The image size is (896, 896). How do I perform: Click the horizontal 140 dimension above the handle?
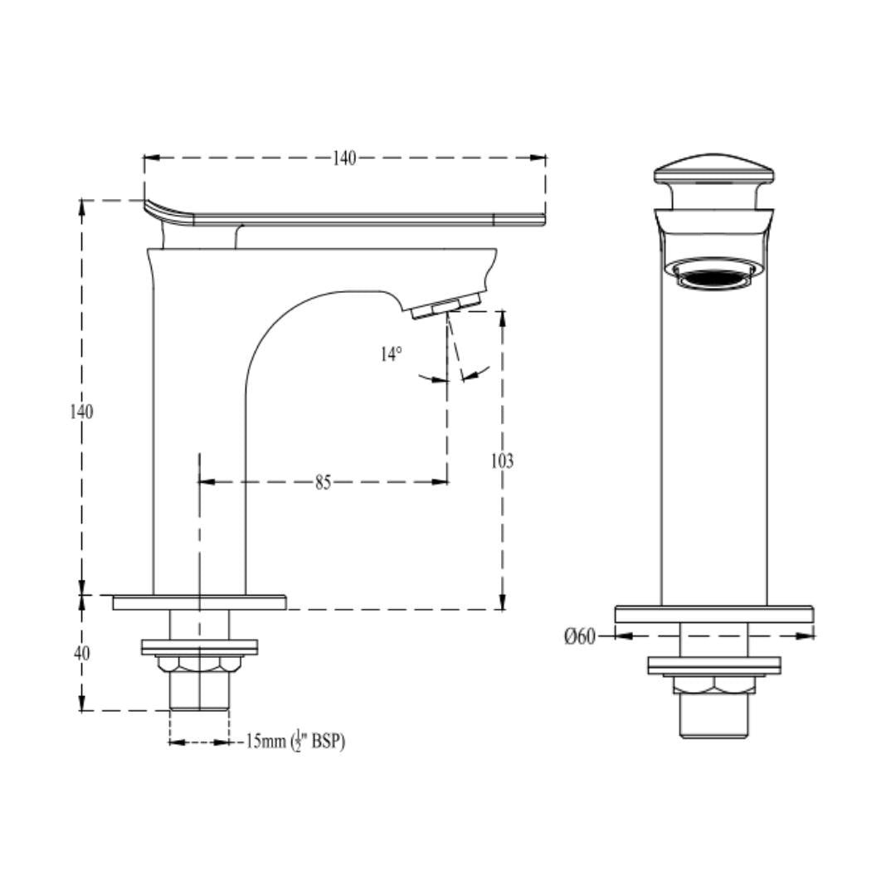[x=344, y=158]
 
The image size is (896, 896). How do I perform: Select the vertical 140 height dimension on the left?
[x=81, y=411]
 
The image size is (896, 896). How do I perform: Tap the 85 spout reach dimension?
[x=323, y=482]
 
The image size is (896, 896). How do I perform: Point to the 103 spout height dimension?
[x=502, y=461]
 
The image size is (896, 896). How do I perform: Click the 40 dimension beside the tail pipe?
[x=81, y=653]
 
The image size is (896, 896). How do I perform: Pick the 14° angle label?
[x=392, y=354]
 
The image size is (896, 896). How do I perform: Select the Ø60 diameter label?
[x=580, y=636]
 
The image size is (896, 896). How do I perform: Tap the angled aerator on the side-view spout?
[x=445, y=305]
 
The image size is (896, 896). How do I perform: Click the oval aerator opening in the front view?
[x=714, y=276]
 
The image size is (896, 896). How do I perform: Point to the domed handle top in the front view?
[x=714, y=168]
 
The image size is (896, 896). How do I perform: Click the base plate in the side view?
[x=199, y=602]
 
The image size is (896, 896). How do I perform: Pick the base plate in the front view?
[x=713, y=614]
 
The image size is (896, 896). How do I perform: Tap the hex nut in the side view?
[x=199, y=664]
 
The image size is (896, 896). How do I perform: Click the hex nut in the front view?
[x=713, y=685]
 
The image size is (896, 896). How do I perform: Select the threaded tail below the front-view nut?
[x=713, y=715]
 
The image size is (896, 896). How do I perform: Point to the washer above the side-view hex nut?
[x=199, y=646]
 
